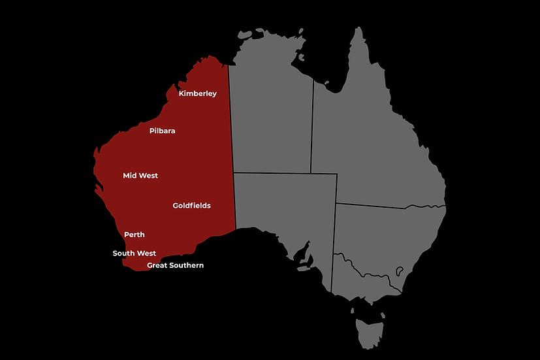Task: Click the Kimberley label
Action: pos(197,93)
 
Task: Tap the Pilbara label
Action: pos(162,131)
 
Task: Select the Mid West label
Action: pos(140,176)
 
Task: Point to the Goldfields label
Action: pos(191,206)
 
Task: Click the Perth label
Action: pos(135,235)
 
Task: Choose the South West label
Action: pos(134,254)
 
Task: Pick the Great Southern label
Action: pos(175,265)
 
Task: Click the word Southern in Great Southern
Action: pos(187,265)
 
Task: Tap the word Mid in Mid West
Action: pos(130,176)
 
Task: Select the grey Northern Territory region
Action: pos(271,121)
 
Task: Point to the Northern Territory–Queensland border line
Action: pos(312,131)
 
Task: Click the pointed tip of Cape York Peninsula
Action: pos(358,29)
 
